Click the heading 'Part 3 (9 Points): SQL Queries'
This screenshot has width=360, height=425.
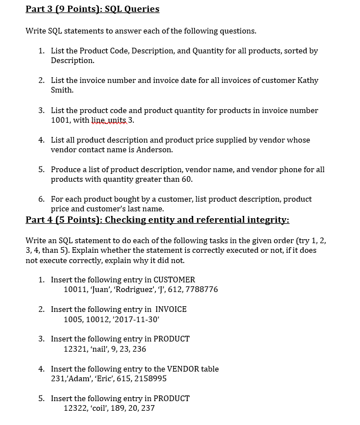tap(93, 9)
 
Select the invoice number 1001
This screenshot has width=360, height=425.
tap(61, 120)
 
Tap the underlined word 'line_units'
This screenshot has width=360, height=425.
tap(110, 120)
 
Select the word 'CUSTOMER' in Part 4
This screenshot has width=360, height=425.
tap(174, 280)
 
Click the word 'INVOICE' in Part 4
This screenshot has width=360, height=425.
tap(171, 309)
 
